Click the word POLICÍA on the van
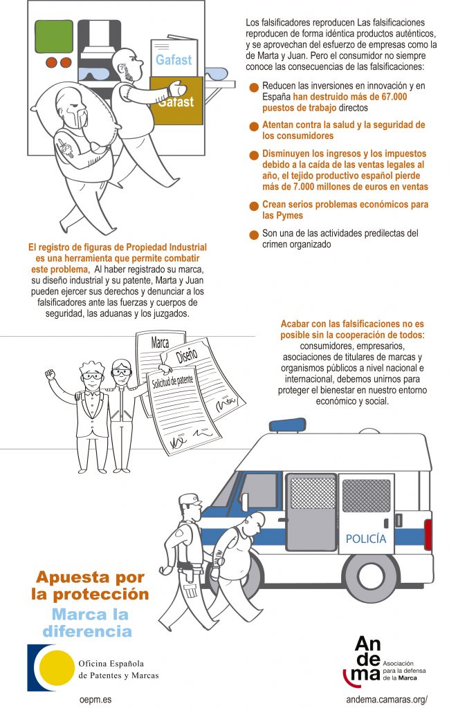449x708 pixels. click(366, 539)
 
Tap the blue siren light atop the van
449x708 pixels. click(287, 425)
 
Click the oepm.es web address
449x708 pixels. click(95, 700)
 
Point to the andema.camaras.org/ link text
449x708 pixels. click(387, 700)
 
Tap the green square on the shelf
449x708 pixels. click(54, 36)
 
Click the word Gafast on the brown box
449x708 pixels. click(177, 102)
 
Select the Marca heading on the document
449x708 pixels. click(160, 342)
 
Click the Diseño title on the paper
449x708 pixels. click(187, 356)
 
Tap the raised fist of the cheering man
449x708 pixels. click(50, 374)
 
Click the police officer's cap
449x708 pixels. click(190, 499)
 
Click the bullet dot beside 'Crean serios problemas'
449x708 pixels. click(254, 206)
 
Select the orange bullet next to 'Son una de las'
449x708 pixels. click(254, 235)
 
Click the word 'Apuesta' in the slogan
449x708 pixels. click(68, 577)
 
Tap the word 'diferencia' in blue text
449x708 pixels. click(87, 631)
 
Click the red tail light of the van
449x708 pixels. click(428, 534)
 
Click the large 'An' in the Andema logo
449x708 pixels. click(367, 644)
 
